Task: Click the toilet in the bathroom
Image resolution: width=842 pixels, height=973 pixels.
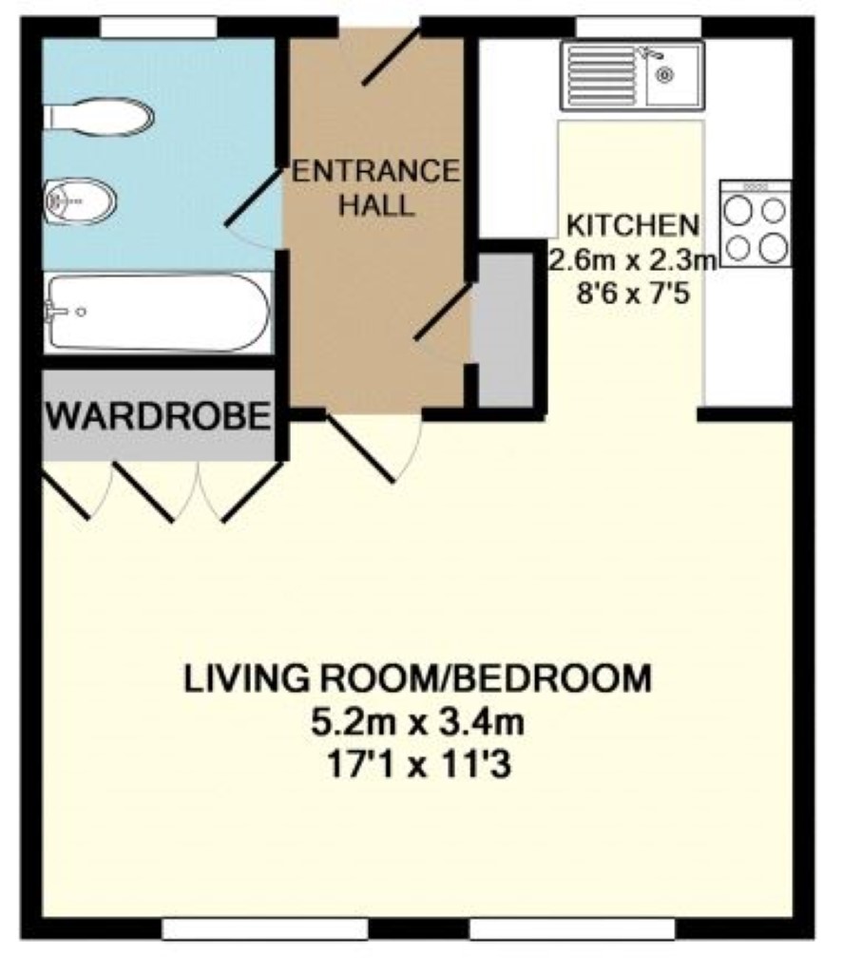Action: (98, 116)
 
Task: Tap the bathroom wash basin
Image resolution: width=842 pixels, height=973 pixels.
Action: (80, 201)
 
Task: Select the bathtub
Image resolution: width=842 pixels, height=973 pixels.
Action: (158, 313)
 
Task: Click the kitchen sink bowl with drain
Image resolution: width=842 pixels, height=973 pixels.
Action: (674, 76)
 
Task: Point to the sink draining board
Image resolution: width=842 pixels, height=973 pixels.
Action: (603, 76)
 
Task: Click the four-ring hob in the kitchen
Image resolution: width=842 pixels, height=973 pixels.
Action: (756, 223)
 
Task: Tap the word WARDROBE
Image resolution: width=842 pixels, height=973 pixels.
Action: (159, 416)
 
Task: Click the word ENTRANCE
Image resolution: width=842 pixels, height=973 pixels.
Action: (375, 171)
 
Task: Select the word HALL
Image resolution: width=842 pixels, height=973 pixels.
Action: (376, 205)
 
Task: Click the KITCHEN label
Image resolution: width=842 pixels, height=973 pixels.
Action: (633, 224)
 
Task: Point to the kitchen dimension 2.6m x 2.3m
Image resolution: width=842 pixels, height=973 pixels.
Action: (633, 259)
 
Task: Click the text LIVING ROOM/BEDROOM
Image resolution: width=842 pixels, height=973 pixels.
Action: (417, 678)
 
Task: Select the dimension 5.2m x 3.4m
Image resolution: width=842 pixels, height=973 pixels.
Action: (417, 722)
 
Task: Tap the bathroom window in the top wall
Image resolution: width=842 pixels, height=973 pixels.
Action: (159, 28)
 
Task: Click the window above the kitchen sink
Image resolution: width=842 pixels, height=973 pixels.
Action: (639, 28)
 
